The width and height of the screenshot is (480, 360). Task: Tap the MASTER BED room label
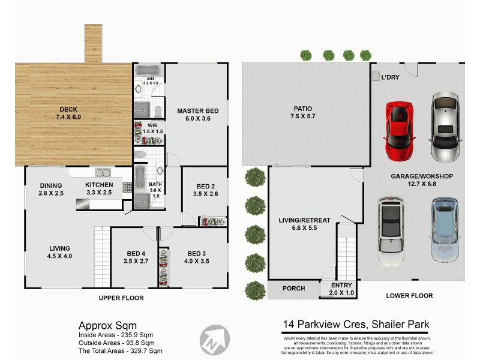pos(197,115)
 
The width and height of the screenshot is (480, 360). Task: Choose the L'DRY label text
pos(390,77)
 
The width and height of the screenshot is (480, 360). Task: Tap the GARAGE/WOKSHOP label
pos(421,180)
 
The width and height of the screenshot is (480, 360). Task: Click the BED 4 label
pos(135,257)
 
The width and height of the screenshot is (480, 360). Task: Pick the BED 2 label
pos(205,190)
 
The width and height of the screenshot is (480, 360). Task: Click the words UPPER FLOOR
pos(121,298)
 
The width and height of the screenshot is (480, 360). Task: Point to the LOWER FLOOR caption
pos(409,296)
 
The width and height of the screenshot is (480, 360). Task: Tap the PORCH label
pos(293,289)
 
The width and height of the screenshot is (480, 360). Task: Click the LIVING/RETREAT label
pos(304,224)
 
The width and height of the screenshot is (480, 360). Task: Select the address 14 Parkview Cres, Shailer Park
pos(356,325)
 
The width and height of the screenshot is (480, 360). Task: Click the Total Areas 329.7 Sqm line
pos(120,350)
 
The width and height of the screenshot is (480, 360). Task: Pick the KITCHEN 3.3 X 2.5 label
pos(98,189)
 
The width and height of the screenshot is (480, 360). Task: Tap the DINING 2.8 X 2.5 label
pos(51,189)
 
